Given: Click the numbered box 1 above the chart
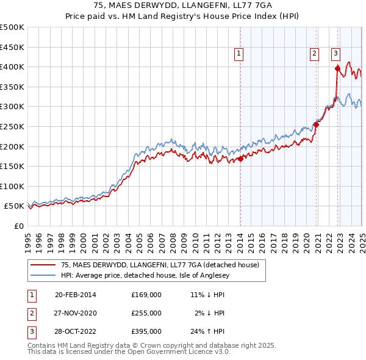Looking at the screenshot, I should click(239, 54).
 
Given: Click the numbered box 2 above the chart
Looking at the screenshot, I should click(314, 54).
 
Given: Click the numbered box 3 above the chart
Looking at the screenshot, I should click(335, 54).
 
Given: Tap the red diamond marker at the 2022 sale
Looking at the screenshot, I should click(337, 68).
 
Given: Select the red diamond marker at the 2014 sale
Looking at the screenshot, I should click(240, 159).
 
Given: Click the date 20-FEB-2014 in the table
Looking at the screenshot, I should click(76, 294).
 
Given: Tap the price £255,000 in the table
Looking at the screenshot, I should click(146, 313).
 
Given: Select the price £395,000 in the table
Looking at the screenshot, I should click(146, 331).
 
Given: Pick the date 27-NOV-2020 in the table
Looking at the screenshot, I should click(76, 313).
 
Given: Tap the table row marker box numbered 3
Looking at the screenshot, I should click(31, 331).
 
